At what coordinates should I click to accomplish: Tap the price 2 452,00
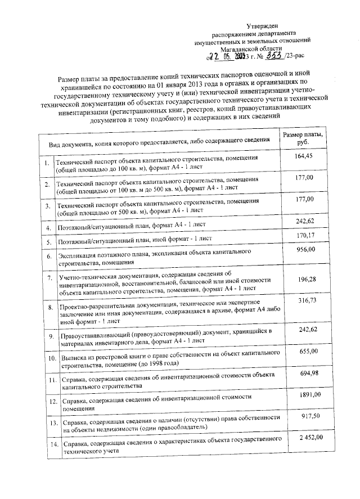(304, 438)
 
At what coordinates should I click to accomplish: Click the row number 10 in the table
(49, 358)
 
